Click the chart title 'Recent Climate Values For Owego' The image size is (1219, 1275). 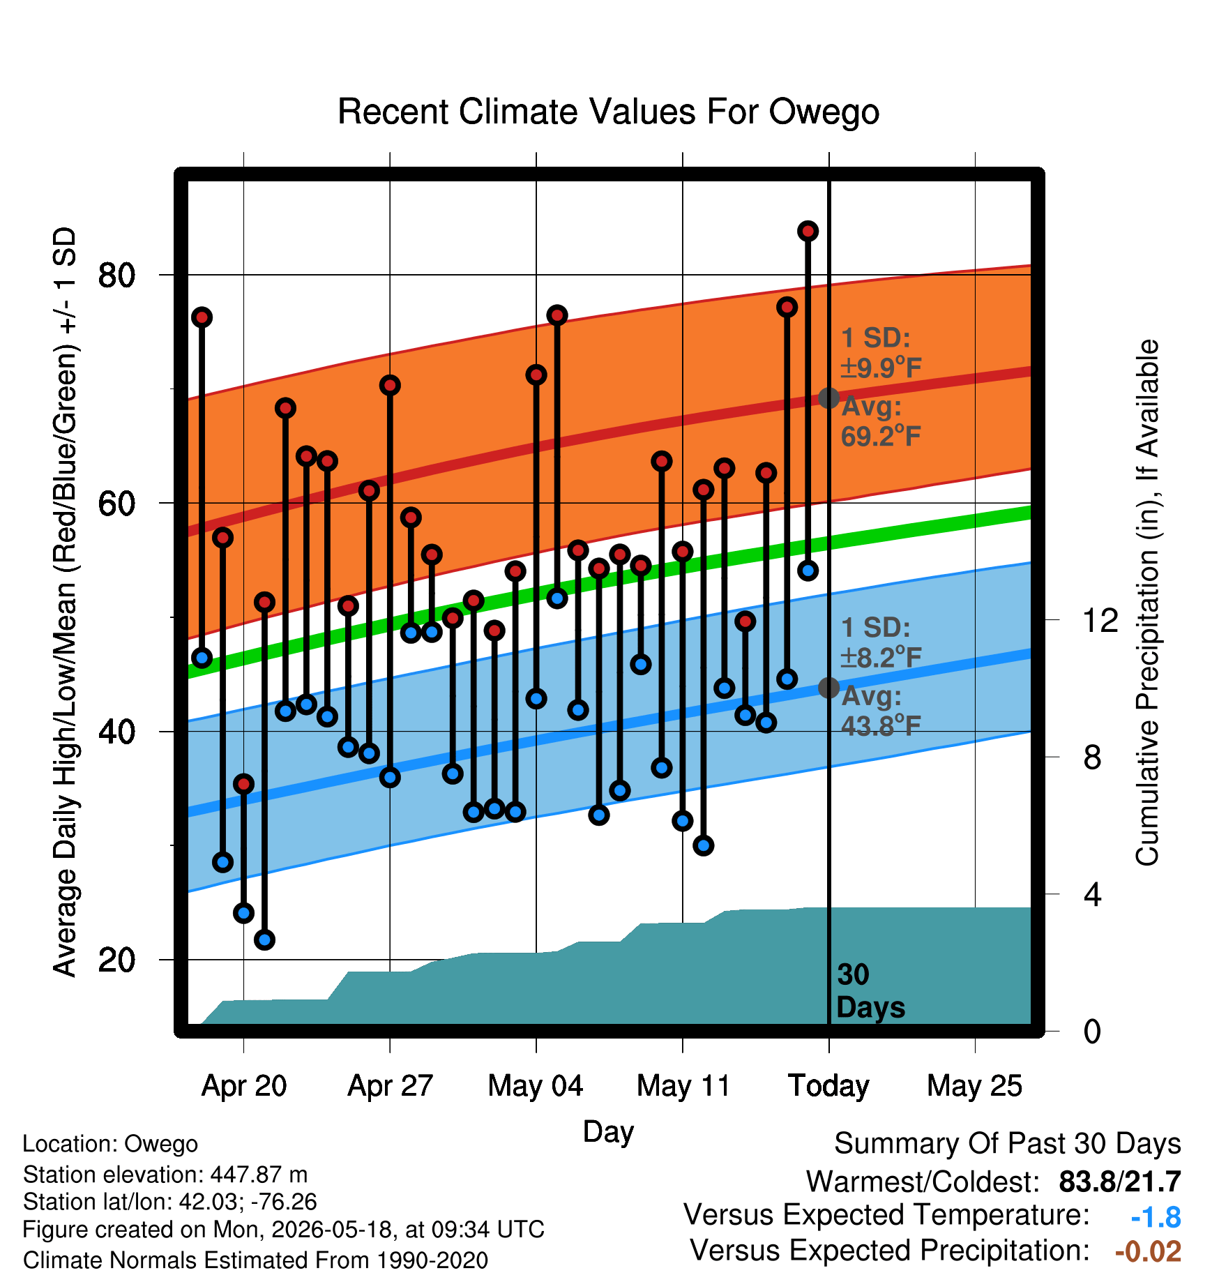tap(608, 112)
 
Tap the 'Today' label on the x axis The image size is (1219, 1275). tap(828, 1086)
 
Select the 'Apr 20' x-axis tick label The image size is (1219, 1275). tap(244, 1086)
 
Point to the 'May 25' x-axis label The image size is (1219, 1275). tap(974, 1086)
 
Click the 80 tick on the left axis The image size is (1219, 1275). tap(116, 276)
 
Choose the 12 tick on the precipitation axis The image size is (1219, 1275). tap(1100, 620)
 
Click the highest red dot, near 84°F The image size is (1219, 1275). tap(808, 231)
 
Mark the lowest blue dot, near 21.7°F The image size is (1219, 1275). tap(264, 940)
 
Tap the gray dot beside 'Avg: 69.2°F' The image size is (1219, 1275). tap(828, 398)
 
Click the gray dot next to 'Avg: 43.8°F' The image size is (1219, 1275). tap(828, 688)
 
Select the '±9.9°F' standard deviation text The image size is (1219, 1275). tap(881, 368)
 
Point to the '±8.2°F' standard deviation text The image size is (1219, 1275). tap(881, 657)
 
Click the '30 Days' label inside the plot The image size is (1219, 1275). tap(870, 991)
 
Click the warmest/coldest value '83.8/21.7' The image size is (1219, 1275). tap(1120, 1182)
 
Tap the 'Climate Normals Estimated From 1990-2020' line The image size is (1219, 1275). tap(255, 1260)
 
